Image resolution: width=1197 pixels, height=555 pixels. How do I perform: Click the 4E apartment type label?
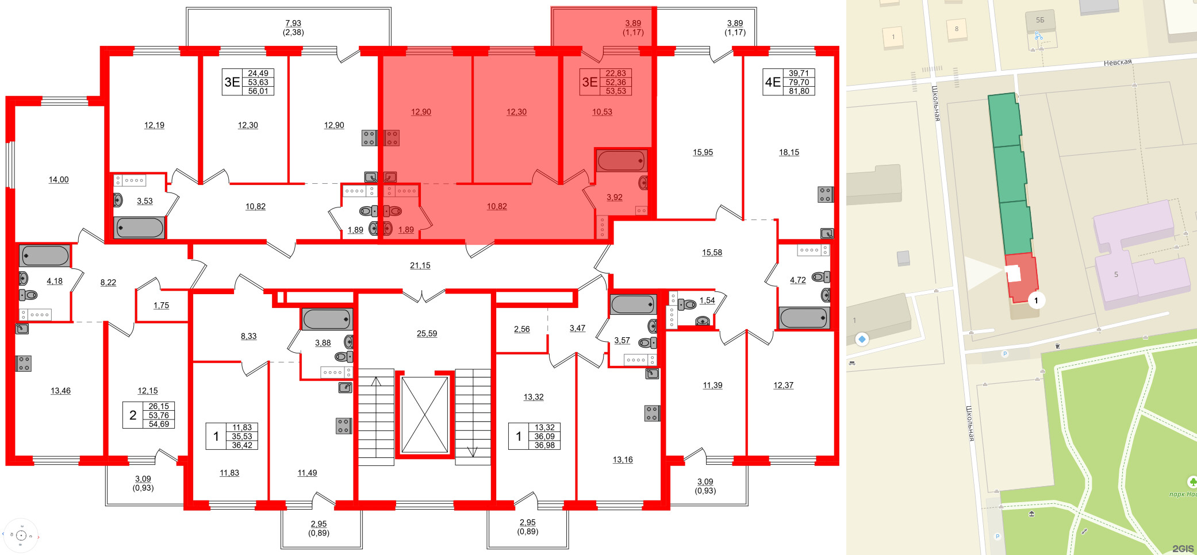click(772, 82)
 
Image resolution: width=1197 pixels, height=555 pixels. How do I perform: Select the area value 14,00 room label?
click(59, 180)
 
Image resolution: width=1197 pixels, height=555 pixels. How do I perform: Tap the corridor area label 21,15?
click(420, 265)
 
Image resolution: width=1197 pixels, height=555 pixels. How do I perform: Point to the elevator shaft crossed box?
click(424, 415)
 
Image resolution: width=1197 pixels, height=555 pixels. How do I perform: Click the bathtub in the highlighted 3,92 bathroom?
click(621, 161)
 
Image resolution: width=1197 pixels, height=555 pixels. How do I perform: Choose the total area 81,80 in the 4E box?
click(799, 91)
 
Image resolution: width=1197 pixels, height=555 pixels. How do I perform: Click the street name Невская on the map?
click(1117, 62)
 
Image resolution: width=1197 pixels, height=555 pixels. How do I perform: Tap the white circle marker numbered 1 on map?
click(1036, 300)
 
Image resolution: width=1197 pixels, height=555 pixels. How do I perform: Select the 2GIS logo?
click(1183, 549)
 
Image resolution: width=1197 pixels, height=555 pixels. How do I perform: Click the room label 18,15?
click(789, 152)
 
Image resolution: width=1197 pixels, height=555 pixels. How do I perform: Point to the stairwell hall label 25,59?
click(427, 333)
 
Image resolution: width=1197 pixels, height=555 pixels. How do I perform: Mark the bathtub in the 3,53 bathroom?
click(140, 228)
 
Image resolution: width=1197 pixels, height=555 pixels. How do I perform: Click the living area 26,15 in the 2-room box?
click(159, 406)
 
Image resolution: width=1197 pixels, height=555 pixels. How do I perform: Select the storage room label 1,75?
click(161, 306)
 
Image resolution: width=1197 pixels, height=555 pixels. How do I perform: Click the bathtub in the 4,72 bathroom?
click(804, 318)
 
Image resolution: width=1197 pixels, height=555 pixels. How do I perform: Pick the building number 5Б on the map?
click(1039, 20)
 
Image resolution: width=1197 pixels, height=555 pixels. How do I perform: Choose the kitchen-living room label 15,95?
click(703, 152)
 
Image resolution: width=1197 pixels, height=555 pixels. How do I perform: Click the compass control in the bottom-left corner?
click(21, 535)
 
